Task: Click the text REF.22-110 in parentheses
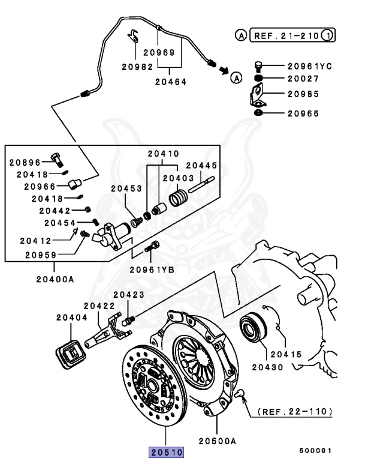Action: coord(295,412)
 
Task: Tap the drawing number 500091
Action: coord(315,450)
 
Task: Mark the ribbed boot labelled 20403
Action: coord(177,197)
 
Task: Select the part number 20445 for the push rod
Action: coord(201,165)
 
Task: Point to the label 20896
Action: coord(25,162)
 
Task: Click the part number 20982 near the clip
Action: coord(137,67)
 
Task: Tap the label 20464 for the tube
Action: coord(171,81)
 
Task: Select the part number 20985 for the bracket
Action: coord(303,94)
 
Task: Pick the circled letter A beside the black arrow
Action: coord(236,77)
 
